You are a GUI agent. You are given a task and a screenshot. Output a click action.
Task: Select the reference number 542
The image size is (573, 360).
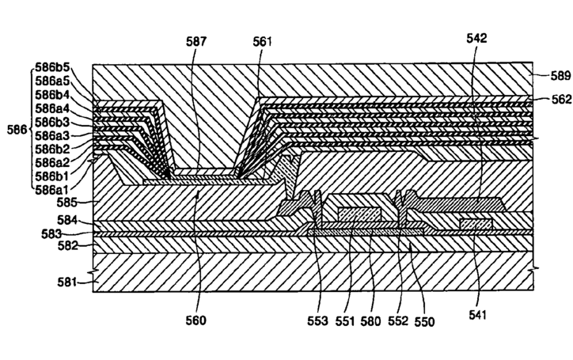click(x=477, y=37)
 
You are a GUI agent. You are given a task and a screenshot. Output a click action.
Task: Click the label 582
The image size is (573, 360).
click(x=69, y=247)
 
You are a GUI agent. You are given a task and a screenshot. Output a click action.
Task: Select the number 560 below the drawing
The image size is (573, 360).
click(x=197, y=320)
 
